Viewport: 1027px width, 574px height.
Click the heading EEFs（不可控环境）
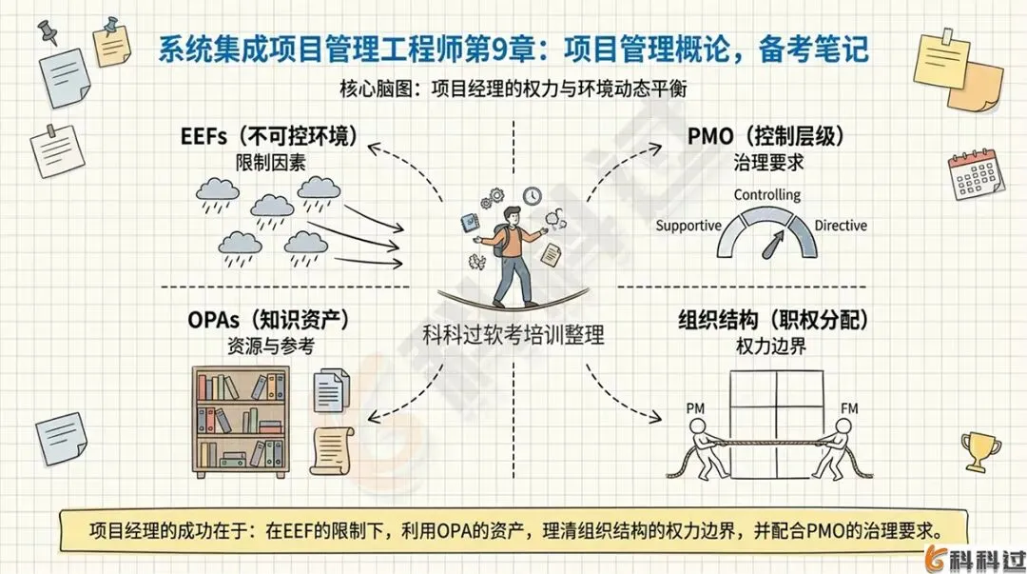[x=269, y=136]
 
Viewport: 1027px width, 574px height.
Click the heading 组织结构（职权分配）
[x=773, y=322]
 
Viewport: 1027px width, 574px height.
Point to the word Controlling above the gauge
[x=766, y=195]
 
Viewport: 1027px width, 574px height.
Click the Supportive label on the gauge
[x=688, y=227]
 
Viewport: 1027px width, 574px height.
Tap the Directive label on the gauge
[x=841, y=227]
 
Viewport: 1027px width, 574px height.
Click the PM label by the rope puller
[x=695, y=410]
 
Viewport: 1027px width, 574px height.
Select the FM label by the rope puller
[x=849, y=410]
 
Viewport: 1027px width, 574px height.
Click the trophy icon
[x=979, y=448]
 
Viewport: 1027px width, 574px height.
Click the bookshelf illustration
[x=241, y=419]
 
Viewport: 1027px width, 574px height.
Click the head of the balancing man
[x=513, y=215]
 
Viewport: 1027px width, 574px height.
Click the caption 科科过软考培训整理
[x=513, y=336]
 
